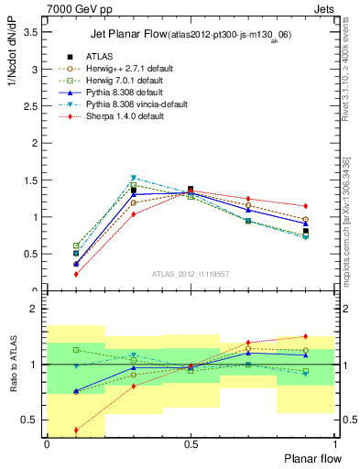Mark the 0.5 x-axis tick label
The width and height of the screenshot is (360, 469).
point(190,443)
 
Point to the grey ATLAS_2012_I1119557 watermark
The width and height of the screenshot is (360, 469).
point(191,274)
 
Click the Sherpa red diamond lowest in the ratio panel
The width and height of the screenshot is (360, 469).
point(76,430)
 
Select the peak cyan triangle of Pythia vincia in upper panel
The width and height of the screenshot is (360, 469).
point(134,178)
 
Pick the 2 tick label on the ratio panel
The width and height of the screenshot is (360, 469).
point(35,310)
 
